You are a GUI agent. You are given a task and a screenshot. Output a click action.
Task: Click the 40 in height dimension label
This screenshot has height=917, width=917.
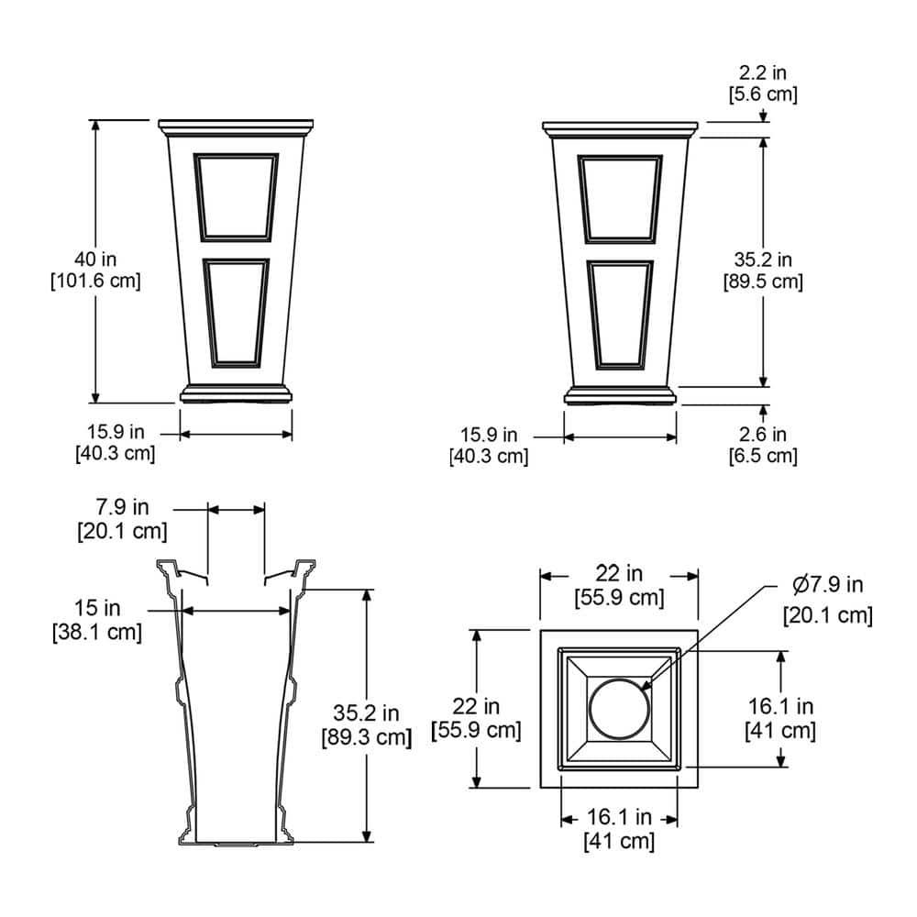[x=95, y=260]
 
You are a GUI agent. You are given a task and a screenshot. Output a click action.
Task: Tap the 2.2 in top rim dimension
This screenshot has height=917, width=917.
[x=763, y=72]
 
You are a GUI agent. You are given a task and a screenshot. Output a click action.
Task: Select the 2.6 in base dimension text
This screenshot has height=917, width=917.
[x=763, y=435]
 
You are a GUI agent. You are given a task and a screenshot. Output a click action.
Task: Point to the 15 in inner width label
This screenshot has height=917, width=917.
[x=97, y=608]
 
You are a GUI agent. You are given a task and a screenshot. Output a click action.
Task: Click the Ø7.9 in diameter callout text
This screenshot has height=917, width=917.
[x=827, y=584]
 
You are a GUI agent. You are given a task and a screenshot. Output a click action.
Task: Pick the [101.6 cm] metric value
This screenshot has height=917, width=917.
[x=96, y=281]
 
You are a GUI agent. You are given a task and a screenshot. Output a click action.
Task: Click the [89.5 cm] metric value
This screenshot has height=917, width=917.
[x=763, y=282]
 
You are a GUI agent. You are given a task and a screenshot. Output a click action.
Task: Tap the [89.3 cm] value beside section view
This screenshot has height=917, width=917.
[x=367, y=737]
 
